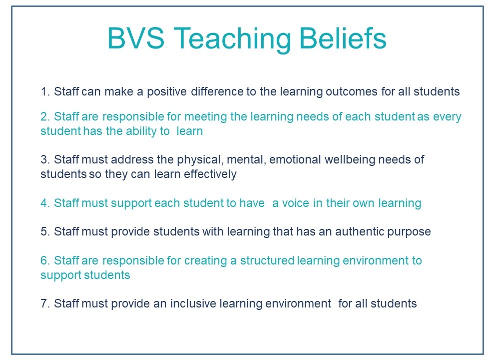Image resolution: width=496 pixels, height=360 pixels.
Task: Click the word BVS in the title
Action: [x=136, y=38]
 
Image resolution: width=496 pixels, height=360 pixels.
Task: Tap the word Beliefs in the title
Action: [x=343, y=38]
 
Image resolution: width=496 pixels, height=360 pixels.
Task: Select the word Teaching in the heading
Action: [x=232, y=39]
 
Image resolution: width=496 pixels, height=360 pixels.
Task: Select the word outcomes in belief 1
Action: [x=352, y=91]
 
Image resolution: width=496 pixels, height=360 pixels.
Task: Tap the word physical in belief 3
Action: [x=201, y=160]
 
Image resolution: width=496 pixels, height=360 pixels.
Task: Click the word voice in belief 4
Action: [x=295, y=203]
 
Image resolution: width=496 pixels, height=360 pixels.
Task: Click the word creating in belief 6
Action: [x=206, y=261]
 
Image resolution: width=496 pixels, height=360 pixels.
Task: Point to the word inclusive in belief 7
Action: [x=193, y=303]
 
